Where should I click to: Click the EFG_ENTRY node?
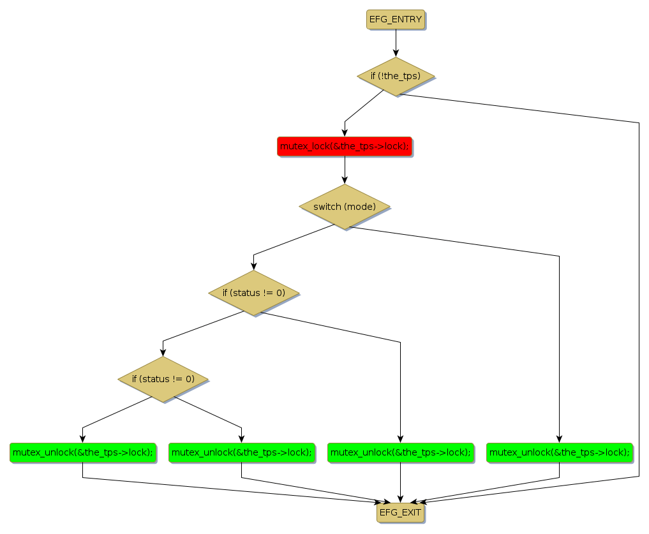(x=396, y=19)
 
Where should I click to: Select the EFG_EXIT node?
(x=400, y=512)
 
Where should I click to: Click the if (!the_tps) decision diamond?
(x=396, y=76)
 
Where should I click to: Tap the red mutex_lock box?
(x=345, y=146)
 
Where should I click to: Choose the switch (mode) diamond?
(x=345, y=207)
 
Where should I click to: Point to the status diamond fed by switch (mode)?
(x=253, y=293)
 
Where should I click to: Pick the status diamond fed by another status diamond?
(x=163, y=379)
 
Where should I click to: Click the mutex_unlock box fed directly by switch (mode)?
(x=559, y=452)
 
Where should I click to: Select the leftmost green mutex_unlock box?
(x=83, y=452)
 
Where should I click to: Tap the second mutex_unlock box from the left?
(x=241, y=452)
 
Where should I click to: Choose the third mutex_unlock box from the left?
(x=400, y=452)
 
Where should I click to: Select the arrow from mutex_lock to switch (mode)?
(x=345, y=169)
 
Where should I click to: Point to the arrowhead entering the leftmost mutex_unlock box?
(x=83, y=438)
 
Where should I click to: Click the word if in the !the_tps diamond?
(x=375, y=76)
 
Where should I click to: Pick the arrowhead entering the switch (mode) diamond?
(x=345, y=181)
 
